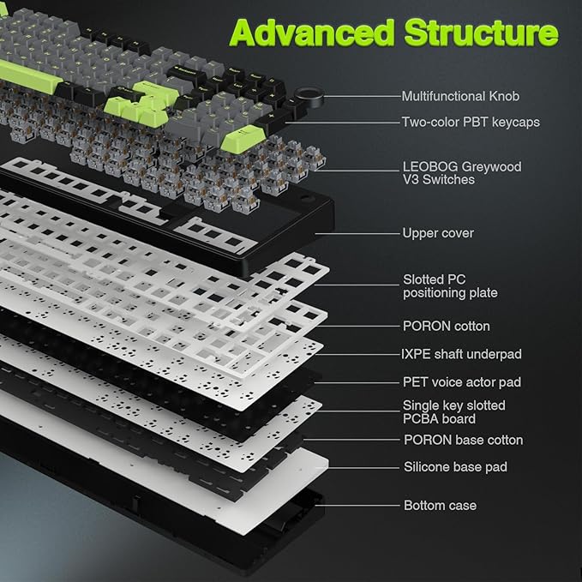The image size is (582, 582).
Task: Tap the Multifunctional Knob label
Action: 460,96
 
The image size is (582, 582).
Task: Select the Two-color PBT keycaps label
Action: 471,123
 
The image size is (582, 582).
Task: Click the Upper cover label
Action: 437,233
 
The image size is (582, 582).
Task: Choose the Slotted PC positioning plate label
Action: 450,286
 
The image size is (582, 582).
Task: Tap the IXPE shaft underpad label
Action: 462,354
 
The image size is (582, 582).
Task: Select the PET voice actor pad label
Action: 462,382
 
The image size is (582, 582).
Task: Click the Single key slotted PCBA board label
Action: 454,411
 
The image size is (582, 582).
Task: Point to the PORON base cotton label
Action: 463,440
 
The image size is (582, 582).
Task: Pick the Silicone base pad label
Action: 455,467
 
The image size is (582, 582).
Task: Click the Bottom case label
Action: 440,506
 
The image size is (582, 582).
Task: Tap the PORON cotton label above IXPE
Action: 447,327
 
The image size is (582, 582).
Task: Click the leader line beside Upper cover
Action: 360,233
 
